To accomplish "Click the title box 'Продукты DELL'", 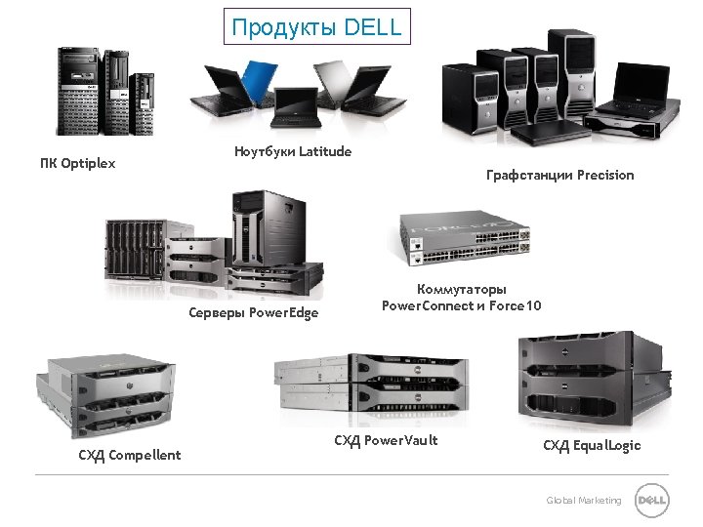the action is (x=316, y=26).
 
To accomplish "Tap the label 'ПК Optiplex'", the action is (x=77, y=163).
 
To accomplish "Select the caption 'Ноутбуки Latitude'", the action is (x=293, y=151).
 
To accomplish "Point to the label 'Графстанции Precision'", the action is (x=559, y=175).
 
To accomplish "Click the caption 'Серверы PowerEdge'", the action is (x=254, y=312).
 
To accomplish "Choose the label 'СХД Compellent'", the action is (x=130, y=454).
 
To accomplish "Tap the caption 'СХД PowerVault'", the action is (x=386, y=440).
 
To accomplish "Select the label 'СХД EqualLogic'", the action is (x=592, y=445).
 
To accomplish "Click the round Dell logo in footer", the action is (x=651, y=501).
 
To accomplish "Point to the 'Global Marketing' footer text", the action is (x=584, y=501).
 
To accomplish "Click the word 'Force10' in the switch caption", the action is (x=515, y=305).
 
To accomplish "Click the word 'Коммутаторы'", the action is (x=462, y=290).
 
